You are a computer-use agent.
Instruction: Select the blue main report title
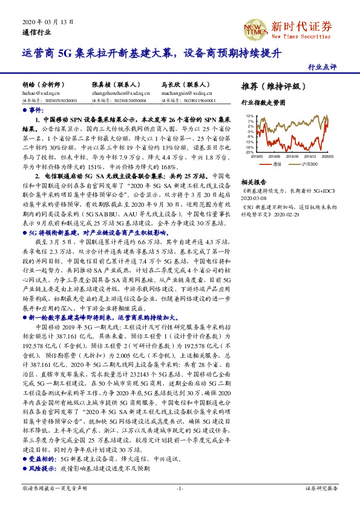point(152,53)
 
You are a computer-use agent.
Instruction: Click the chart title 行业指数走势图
point(263,103)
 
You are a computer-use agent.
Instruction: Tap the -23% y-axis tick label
point(249,152)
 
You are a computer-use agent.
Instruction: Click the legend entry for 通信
point(275,163)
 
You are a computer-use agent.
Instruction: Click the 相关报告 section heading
point(254,181)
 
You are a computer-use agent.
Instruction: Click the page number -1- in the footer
point(180,488)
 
